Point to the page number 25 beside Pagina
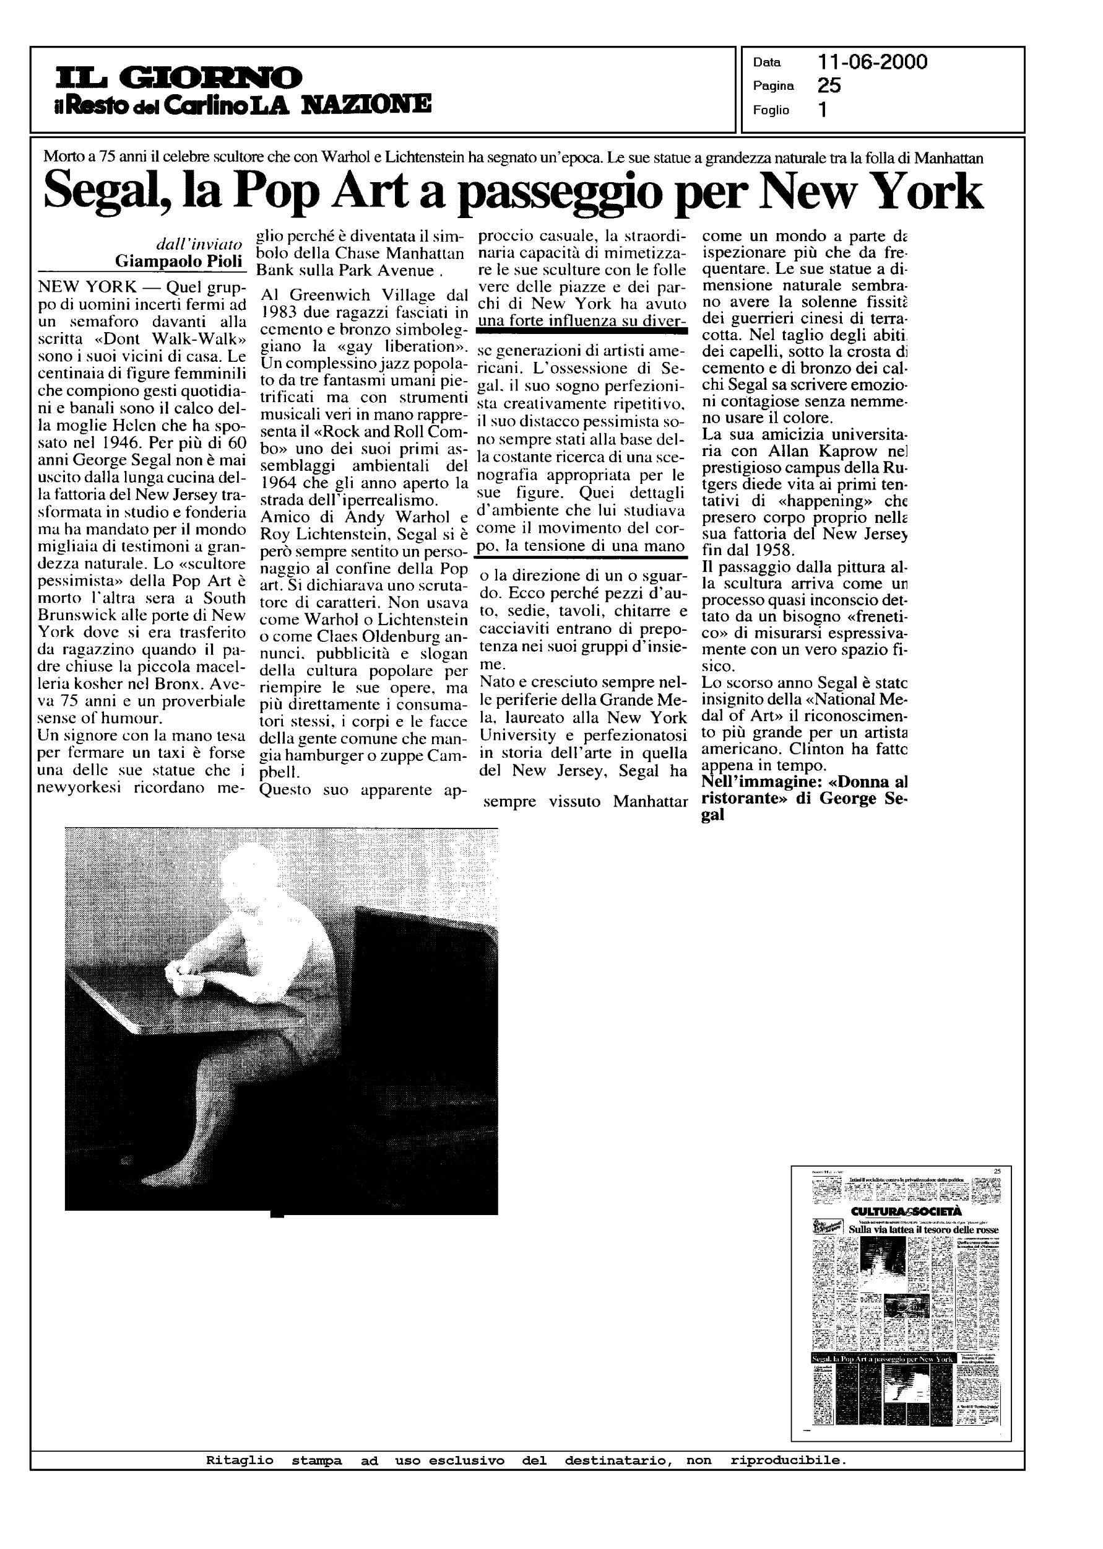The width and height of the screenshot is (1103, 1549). (829, 86)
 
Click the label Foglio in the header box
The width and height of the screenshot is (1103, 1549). (771, 110)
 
